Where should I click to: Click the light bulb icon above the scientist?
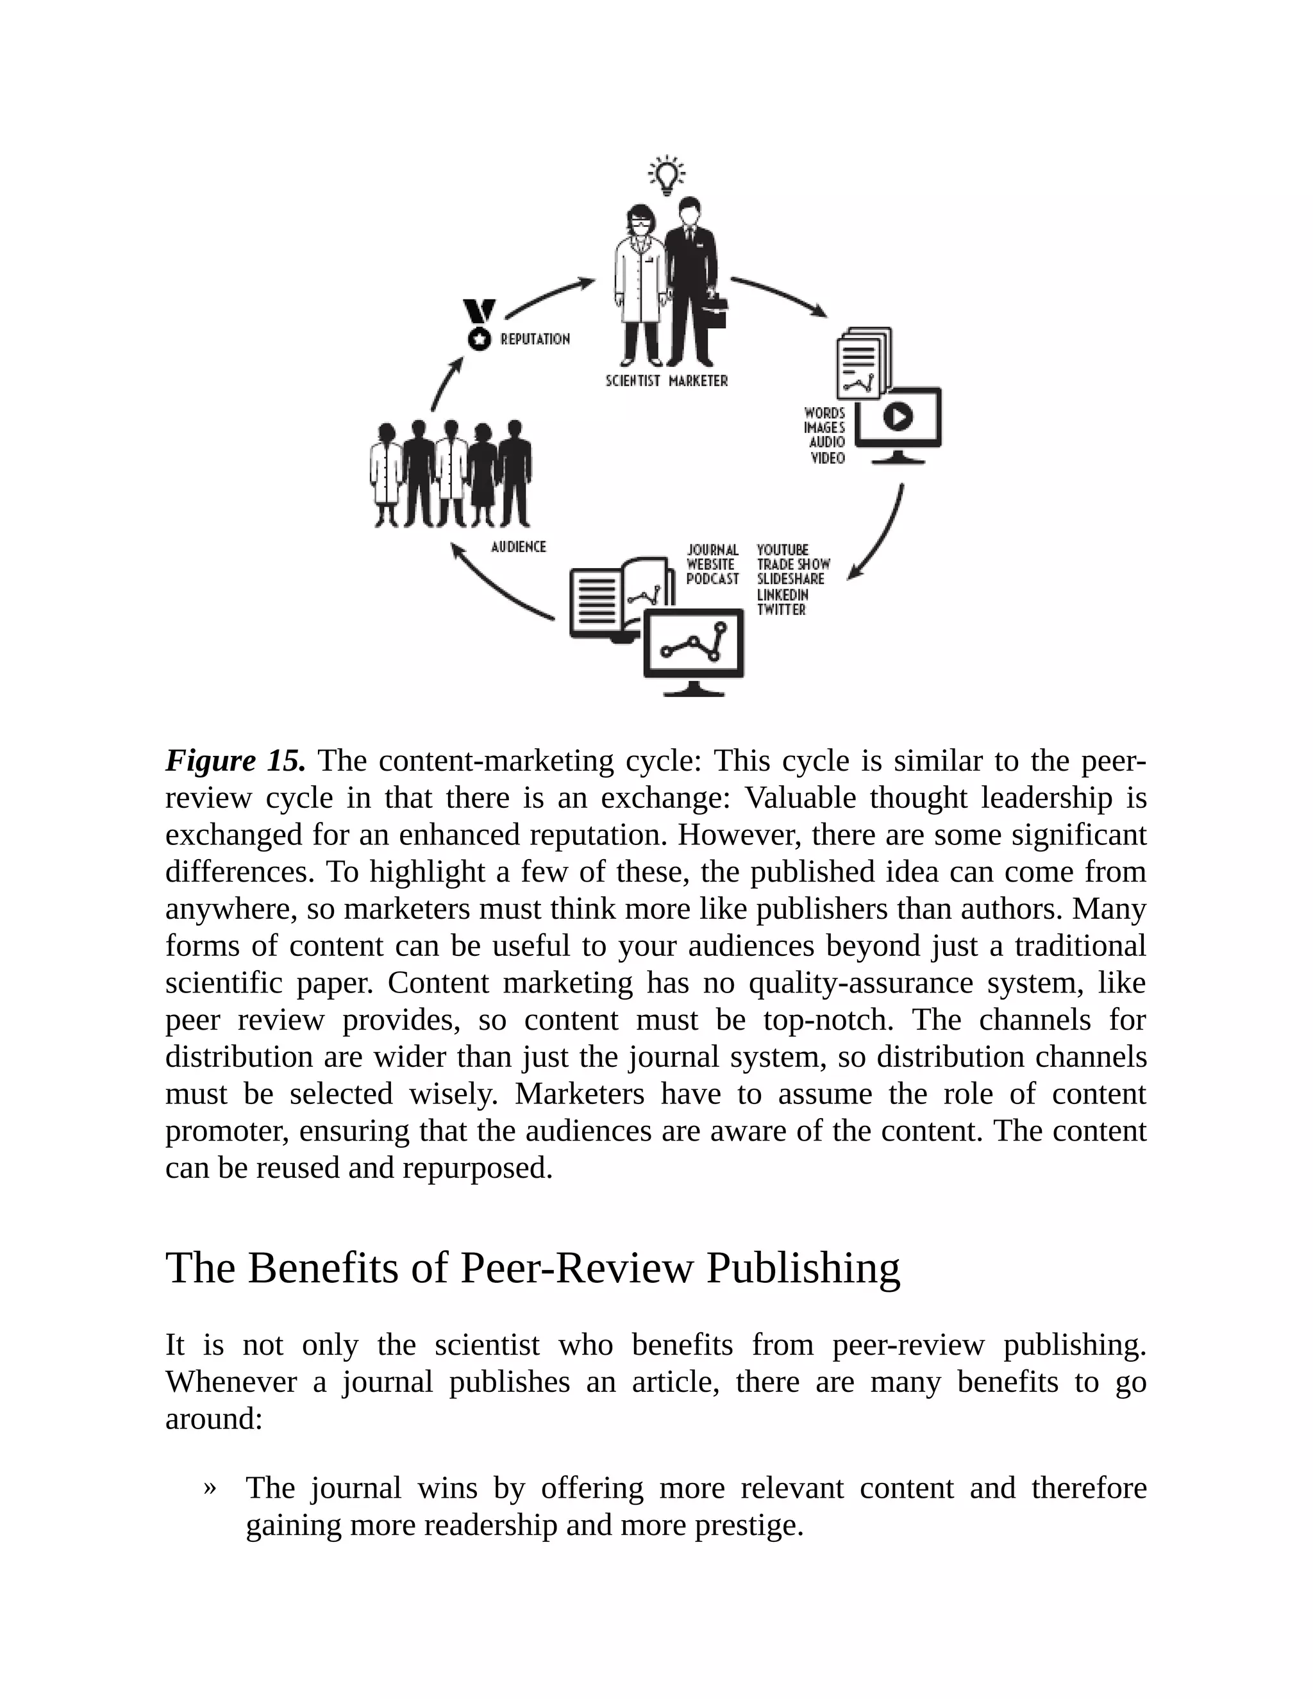pyautogui.click(x=667, y=175)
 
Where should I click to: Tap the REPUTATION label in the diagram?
pyautogui.click(x=535, y=339)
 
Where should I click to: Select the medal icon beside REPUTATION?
pyautogui.click(x=479, y=325)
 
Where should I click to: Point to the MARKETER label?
pyautogui.click(x=699, y=381)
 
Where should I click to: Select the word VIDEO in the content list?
pyautogui.click(x=828, y=458)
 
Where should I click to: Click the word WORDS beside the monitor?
pyautogui.click(x=824, y=413)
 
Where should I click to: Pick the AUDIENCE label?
pyautogui.click(x=519, y=547)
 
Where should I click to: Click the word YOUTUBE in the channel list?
pyautogui.click(x=783, y=550)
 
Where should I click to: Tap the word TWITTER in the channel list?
pyautogui.click(x=782, y=610)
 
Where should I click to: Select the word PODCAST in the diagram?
pyautogui.click(x=712, y=580)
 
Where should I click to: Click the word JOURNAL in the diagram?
pyautogui.click(x=712, y=550)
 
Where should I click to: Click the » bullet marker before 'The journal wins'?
pyautogui.click(x=209, y=1488)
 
